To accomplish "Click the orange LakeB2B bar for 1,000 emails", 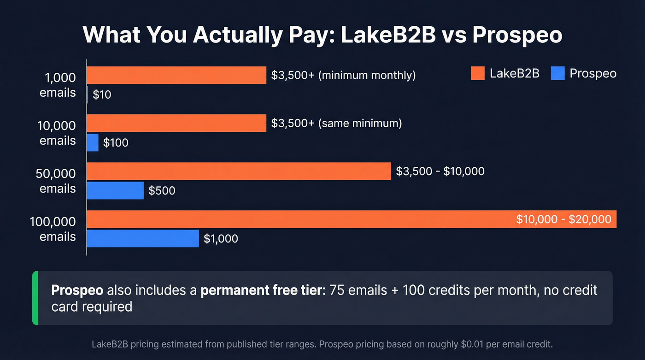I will (176, 75).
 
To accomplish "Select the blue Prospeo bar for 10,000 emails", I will (93, 142).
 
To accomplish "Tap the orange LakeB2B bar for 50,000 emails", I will (239, 171).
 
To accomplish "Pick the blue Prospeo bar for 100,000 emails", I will (143, 238).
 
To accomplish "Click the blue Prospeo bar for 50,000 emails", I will (115, 190).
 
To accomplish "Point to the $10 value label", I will (102, 95).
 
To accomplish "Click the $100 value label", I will (116, 143).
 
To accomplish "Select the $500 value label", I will (162, 190).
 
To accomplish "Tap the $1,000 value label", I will (221, 238).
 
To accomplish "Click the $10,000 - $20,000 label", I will (563, 219).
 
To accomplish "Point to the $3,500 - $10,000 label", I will (440, 171).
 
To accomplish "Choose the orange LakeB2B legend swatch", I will (478, 73).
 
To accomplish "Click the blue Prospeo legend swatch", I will (557, 73).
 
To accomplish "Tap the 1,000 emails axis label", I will (58, 85).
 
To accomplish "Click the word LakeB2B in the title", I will (388, 35).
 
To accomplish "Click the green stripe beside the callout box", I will (35, 298).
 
